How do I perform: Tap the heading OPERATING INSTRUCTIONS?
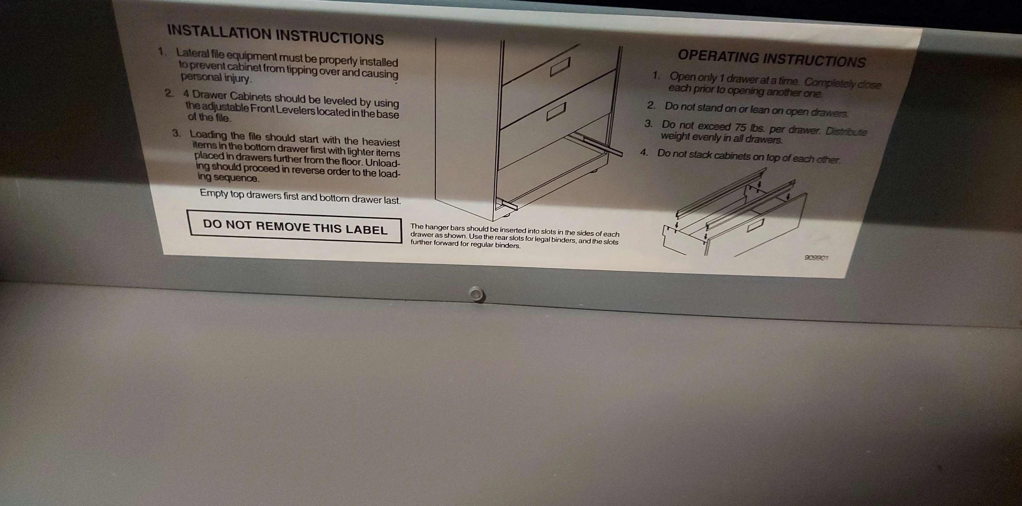pyautogui.click(x=772, y=59)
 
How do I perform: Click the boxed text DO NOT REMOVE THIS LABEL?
pyautogui.click(x=296, y=227)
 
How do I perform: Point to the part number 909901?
pyautogui.click(x=816, y=258)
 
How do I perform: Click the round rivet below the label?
pyautogui.click(x=476, y=294)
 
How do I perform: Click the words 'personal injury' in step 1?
pyautogui.click(x=216, y=77)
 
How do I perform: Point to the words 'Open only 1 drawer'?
pyautogui.click(x=709, y=78)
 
